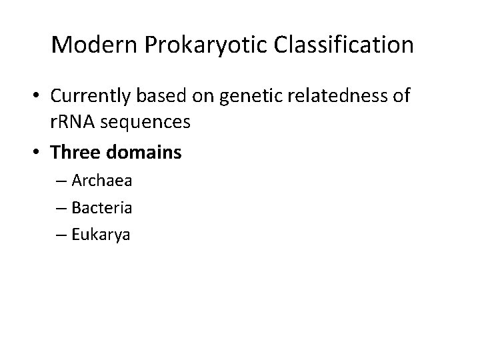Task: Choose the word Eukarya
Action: (x=101, y=234)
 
